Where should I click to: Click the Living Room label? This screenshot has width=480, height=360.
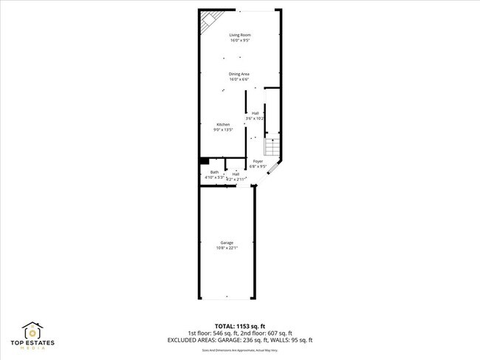click(239, 35)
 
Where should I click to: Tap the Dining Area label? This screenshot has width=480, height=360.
click(239, 74)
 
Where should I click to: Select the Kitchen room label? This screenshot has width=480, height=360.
click(223, 124)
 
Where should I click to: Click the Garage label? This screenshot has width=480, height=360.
click(227, 242)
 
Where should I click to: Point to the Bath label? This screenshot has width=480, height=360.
click(214, 172)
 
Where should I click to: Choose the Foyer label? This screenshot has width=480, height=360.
click(258, 161)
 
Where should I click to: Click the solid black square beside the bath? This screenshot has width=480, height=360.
click(204, 160)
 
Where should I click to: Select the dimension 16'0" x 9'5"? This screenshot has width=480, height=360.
click(239, 41)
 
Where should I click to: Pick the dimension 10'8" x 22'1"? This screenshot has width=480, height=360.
click(227, 248)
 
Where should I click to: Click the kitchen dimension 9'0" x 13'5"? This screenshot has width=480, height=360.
click(223, 130)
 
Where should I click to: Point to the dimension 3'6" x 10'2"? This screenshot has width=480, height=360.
click(256, 118)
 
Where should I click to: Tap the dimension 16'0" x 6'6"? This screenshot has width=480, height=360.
click(239, 80)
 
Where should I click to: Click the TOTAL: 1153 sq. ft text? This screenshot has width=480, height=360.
click(239, 325)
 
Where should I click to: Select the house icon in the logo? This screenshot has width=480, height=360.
click(34, 330)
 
